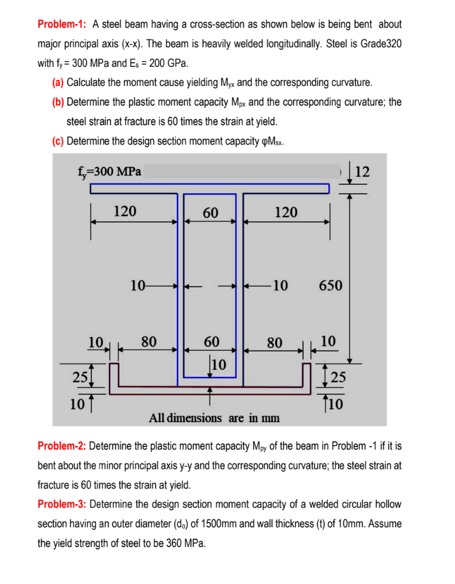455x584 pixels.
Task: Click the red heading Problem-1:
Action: pos(62,24)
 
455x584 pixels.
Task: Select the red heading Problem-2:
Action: pos(62,446)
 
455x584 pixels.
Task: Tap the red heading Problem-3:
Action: pos(62,504)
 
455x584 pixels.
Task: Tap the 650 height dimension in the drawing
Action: pos(331,285)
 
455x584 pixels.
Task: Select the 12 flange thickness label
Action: pos(362,172)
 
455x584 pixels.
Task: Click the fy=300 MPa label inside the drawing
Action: pos(107,172)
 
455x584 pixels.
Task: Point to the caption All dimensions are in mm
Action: pos(213,418)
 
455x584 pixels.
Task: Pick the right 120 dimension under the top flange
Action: pos(286,212)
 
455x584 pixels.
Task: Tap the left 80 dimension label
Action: pos(148,342)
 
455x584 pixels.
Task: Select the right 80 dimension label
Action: pos(275,342)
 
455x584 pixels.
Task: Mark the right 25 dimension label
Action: pos(337,376)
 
